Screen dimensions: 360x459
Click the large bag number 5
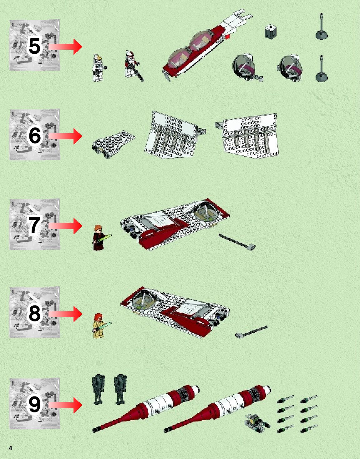(x=34, y=46)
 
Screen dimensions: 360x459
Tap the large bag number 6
(x=34, y=135)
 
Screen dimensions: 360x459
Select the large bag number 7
(x=34, y=225)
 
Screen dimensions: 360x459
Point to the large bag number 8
(x=34, y=314)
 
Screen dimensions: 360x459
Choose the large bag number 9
(x=34, y=404)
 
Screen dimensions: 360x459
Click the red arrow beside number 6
(x=65, y=136)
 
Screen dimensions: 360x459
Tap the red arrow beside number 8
(x=65, y=314)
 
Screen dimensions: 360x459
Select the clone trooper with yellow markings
(x=99, y=68)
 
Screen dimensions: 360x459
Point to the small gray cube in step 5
(x=271, y=32)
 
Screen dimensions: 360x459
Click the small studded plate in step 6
(x=114, y=144)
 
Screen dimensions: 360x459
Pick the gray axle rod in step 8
(x=251, y=331)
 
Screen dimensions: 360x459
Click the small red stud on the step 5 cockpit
(x=227, y=37)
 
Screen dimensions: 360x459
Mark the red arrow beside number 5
(x=65, y=47)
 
